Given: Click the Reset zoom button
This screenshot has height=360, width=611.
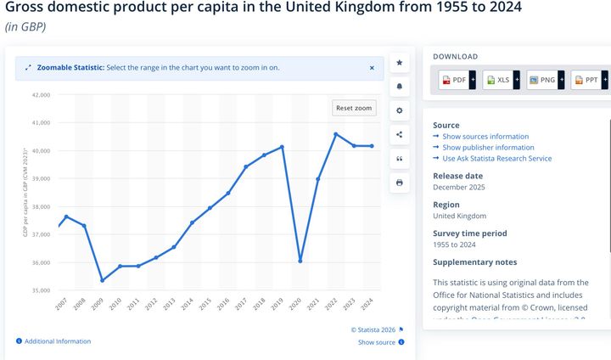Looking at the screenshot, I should pyautogui.click(x=354, y=108).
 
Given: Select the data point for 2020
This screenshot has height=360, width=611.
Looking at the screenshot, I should pyautogui.click(x=300, y=261).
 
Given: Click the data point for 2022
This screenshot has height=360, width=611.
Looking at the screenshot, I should pyautogui.click(x=336, y=134).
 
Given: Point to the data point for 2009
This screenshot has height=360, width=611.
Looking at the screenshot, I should pyautogui.click(x=103, y=280).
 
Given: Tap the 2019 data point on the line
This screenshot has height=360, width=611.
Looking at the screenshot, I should pyautogui.click(x=282, y=147).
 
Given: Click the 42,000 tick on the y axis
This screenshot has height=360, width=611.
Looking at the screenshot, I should pyautogui.click(x=41, y=95).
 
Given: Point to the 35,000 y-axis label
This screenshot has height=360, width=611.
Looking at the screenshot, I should pyautogui.click(x=41, y=290).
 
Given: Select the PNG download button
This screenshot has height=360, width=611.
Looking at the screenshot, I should pyautogui.click(x=545, y=80).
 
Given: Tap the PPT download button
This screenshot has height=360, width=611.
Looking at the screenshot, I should pyautogui.click(x=589, y=80).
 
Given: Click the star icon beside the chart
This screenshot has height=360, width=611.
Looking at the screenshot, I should pyautogui.click(x=400, y=63).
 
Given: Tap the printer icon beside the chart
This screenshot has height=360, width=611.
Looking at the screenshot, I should pyautogui.click(x=400, y=183).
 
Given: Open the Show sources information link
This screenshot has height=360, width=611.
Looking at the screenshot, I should pyautogui.click(x=485, y=136).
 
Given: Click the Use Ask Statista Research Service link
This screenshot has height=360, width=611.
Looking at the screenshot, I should pyautogui.click(x=496, y=158).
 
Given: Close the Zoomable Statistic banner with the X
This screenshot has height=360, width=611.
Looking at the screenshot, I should pyautogui.click(x=372, y=68).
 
